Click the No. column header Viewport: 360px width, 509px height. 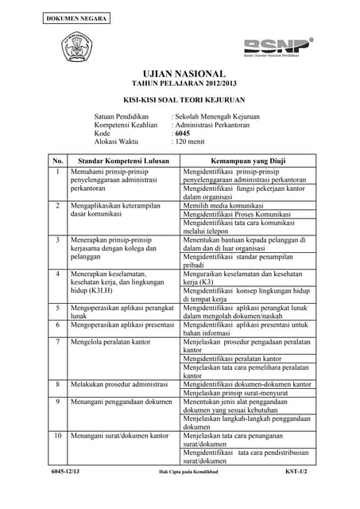pos(57,160)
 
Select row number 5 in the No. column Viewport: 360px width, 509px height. pos(57,307)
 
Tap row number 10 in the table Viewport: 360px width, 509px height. pos(57,435)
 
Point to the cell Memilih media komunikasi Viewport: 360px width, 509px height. pos(224,205)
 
